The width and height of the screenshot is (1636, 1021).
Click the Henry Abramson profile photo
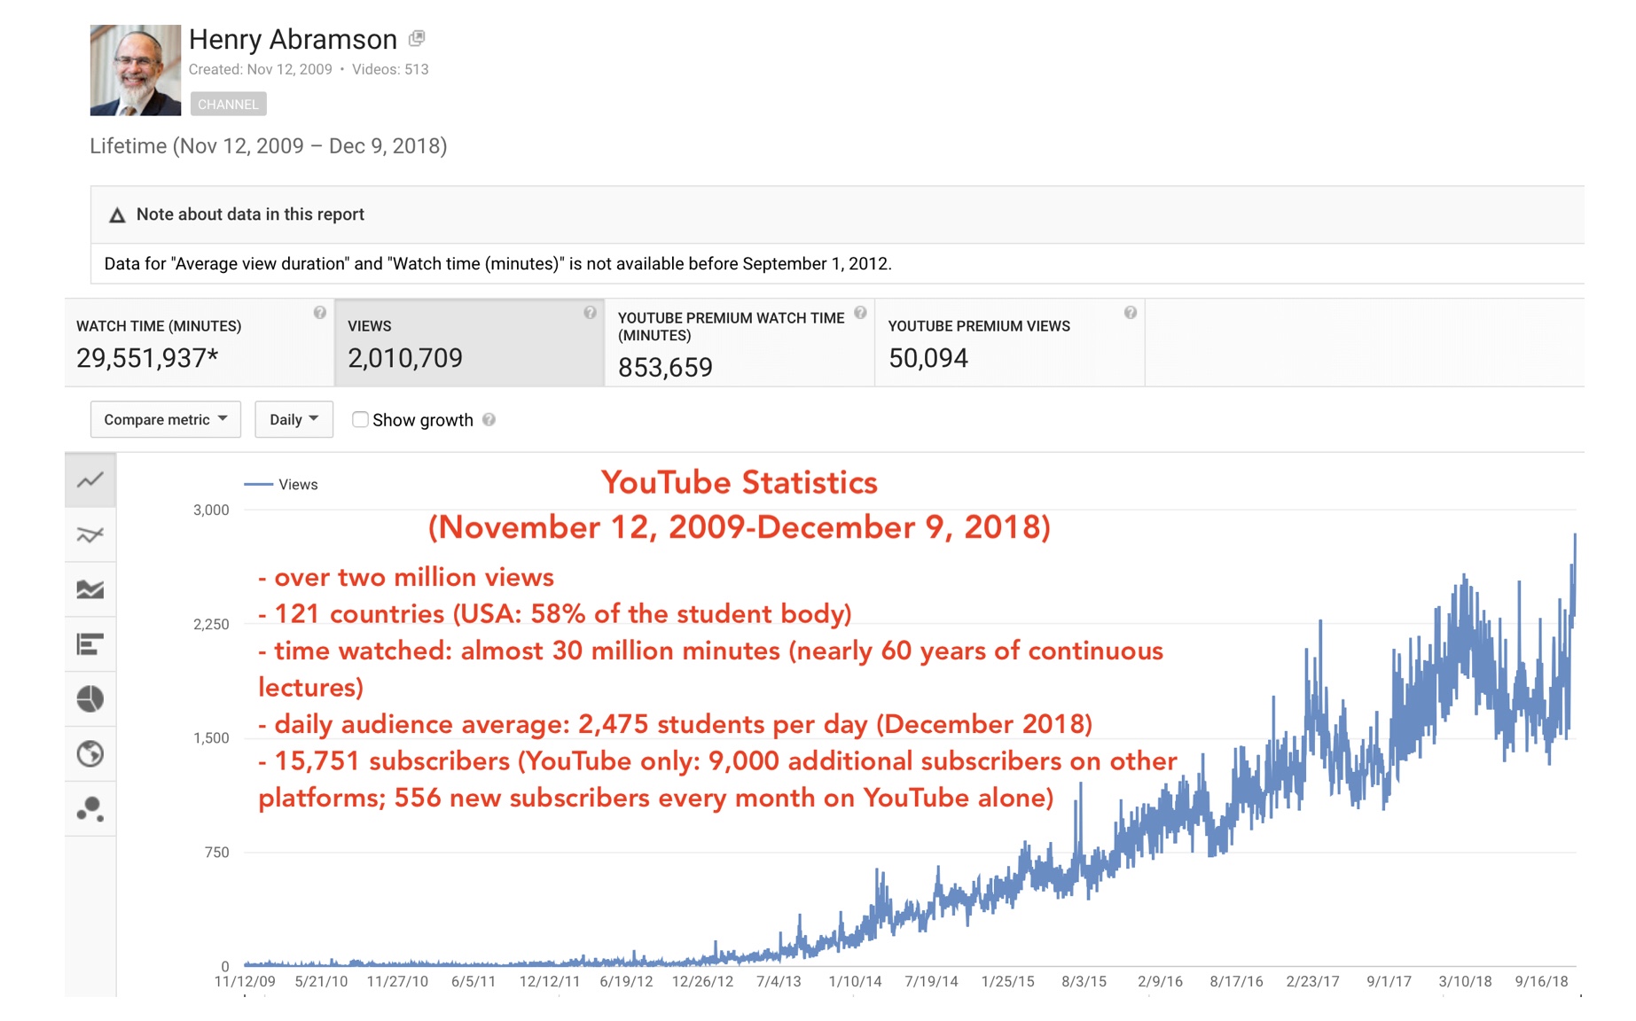[x=135, y=70]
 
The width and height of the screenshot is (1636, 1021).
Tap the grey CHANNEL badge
[x=228, y=105]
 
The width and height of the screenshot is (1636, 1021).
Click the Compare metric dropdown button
[x=165, y=419]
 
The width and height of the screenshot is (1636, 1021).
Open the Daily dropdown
[x=294, y=419]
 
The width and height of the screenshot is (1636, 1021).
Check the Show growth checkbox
[x=360, y=419]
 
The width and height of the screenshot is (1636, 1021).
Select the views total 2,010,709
[x=405, y=358]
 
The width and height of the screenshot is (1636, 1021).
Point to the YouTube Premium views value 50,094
[x=928, y=358]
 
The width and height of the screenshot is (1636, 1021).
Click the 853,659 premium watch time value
[x=665, y=367]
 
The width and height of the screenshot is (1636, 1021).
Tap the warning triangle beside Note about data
[x=117, y=215]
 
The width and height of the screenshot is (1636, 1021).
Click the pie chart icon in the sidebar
[x=90, y=699]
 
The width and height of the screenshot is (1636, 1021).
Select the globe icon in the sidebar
[x=90, y=754]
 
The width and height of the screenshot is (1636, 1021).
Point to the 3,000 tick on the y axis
[x=211, y=510]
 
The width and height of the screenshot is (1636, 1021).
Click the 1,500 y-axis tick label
[x=211, y=738]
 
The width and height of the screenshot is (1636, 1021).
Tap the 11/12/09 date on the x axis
[x=245, y=981]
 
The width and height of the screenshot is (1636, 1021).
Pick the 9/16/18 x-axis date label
[x=1541, y=981]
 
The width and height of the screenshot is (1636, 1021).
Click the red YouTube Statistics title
[x=739, y=483]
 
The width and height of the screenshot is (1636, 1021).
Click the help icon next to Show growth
[x=489, y=420]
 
